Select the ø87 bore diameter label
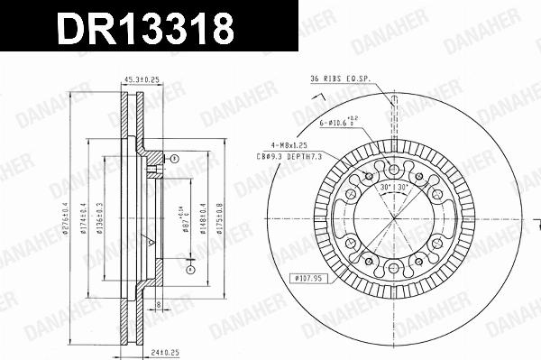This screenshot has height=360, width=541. [x=185, y=219]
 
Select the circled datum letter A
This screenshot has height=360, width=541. [x=190, y=269]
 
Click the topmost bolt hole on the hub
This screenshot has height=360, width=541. [x=393, y=167]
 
